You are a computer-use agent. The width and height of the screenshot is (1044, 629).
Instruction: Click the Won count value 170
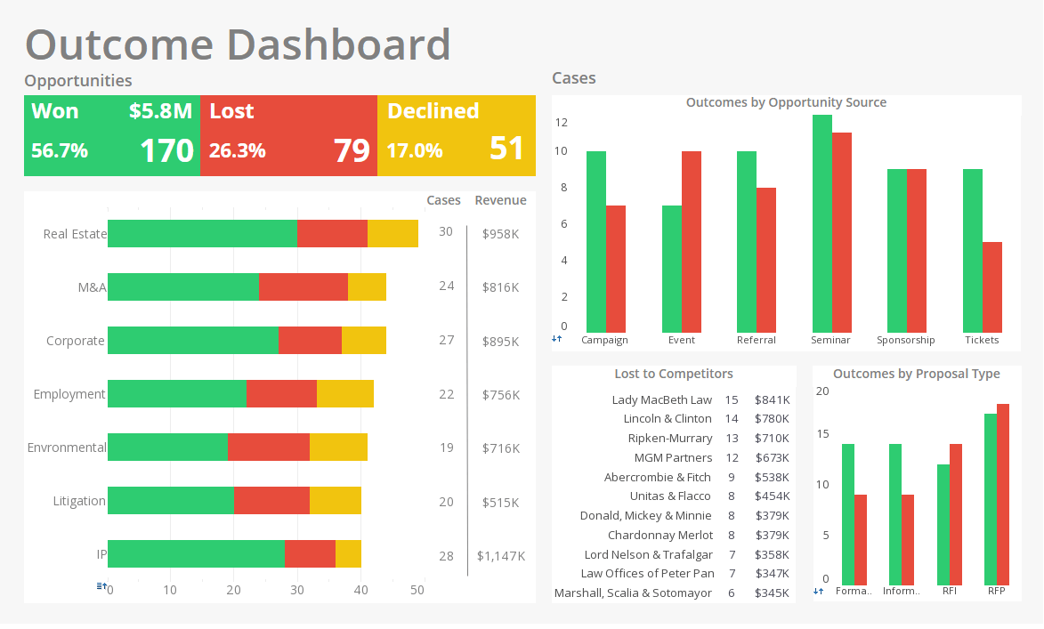pos(166,150)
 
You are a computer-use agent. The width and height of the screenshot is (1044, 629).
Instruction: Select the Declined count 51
pos(506,149)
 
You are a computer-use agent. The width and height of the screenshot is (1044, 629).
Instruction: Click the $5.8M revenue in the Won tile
pos(160,111)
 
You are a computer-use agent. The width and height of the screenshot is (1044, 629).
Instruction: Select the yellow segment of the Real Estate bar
pos(393,233)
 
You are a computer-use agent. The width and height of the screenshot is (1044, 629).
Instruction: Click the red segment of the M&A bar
pos(303,287)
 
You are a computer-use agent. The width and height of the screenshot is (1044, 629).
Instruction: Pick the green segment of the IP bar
pos(196,553)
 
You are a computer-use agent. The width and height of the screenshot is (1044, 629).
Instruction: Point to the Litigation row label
pos(78,501)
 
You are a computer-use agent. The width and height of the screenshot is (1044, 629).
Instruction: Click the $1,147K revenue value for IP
pos(500,556)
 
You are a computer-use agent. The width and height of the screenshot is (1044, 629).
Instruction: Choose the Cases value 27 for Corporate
pos(446,340)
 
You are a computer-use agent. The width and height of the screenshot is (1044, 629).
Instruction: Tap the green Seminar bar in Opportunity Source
pos(821,222)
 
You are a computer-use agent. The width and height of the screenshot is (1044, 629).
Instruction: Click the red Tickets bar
pos(991,286)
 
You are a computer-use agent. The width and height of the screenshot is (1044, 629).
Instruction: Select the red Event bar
pos(691,241)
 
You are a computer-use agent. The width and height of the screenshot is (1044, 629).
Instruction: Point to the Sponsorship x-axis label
pos(905,340)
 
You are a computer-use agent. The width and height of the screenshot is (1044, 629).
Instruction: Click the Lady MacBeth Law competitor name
pos(661,400)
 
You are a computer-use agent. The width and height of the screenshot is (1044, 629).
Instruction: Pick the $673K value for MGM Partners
pos(771,458)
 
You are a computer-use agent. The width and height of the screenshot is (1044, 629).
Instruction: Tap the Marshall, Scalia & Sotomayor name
pos(633,593)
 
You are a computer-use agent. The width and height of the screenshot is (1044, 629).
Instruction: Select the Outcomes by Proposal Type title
pos(916,374)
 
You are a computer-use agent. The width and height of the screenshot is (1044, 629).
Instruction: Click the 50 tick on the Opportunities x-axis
pos(417,590)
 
